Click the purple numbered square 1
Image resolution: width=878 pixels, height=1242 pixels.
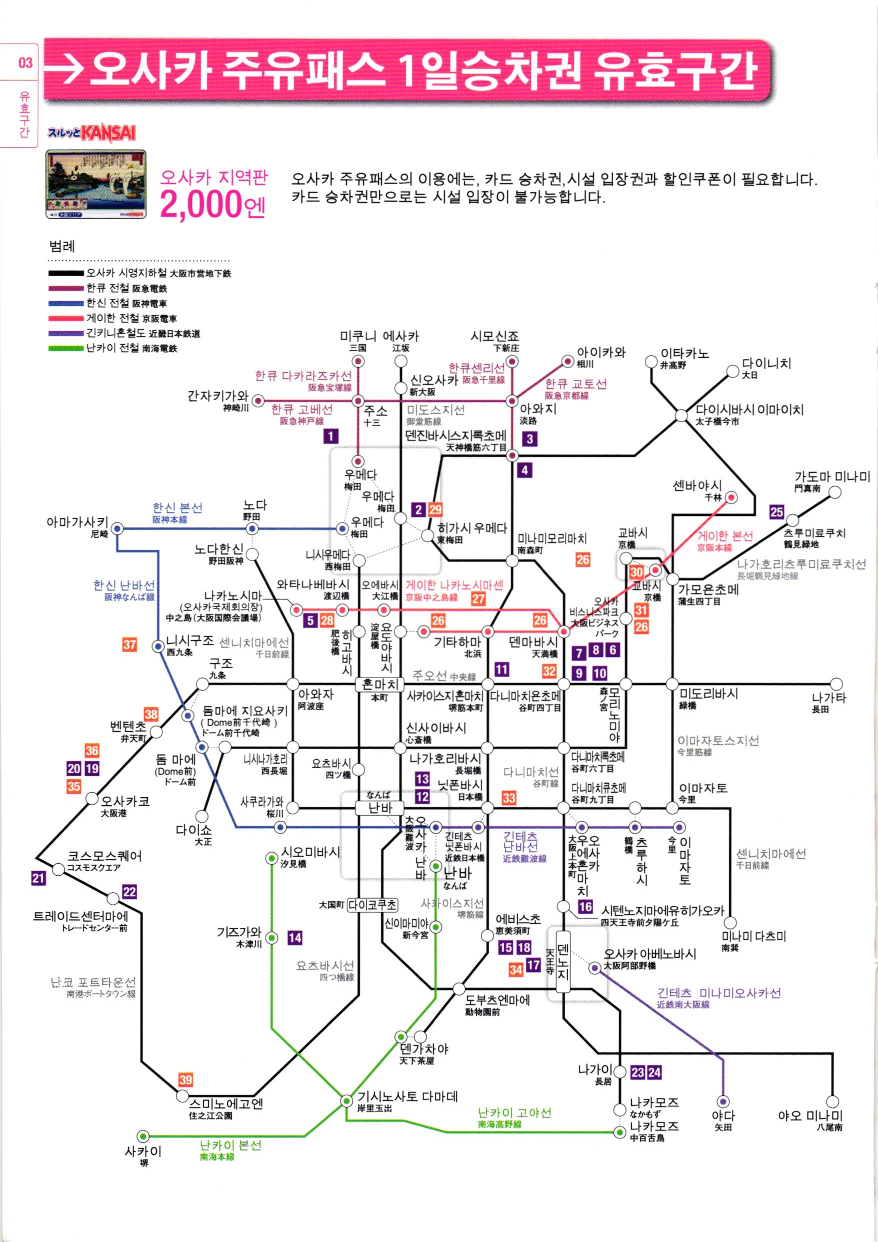pos(330,436)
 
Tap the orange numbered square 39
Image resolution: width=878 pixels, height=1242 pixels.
pos(186,1080)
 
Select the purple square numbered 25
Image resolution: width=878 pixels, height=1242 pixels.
pos(777,511)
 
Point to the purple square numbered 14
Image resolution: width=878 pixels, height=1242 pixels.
pos(294,937)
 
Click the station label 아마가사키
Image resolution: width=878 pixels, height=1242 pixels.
pos(77,522)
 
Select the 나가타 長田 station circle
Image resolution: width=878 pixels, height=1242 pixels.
pos(836,684)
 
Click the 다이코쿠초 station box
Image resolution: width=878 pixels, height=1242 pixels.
pos(372,904)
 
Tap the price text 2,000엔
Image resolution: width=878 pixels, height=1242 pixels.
pos(212,205)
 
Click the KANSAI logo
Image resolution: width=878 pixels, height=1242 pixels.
pos(108,133)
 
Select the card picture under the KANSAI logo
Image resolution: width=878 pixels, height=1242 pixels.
pos(95,185)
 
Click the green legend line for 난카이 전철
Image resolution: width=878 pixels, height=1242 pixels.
pos(66,348)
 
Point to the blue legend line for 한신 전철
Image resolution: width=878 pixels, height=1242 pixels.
pos(66,303)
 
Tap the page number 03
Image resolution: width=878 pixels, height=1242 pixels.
pos(25,63)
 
